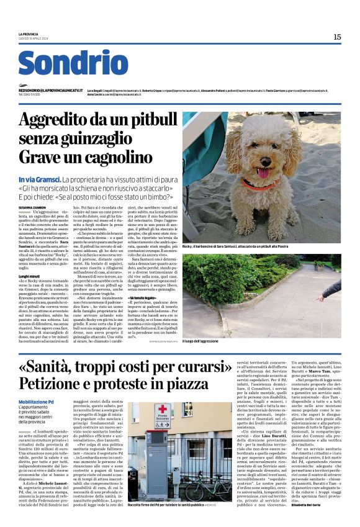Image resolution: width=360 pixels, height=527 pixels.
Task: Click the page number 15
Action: [x=337, y=37]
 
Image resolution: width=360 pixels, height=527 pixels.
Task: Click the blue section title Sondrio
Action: [x=73, y=63]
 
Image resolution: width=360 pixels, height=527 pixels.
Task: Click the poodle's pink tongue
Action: [x=263, y=172]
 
